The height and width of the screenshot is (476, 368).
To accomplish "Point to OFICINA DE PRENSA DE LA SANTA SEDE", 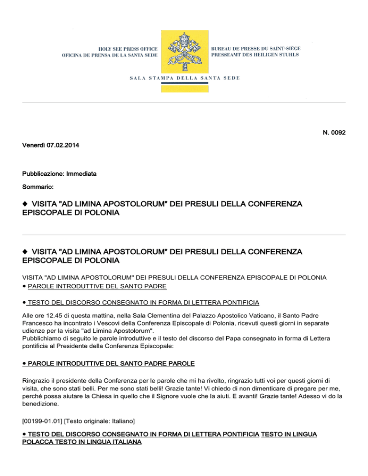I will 110,56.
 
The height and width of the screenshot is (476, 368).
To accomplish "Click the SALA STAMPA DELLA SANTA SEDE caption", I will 184,77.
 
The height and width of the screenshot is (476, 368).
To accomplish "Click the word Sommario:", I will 38,183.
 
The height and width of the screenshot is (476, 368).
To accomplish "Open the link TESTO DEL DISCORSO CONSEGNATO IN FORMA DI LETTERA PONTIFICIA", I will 144,303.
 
